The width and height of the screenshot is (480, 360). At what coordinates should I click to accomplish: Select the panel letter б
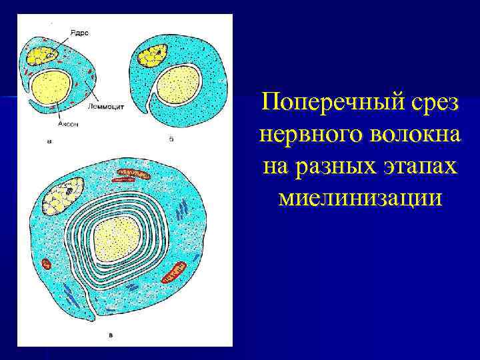pyautogui.click(x=172, y=139)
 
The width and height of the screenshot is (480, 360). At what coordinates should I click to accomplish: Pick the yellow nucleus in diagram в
pyautogui.click(x=62, y=195)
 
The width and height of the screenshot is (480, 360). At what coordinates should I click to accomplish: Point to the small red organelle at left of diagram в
pyautogui.click(x=47, y=264)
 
